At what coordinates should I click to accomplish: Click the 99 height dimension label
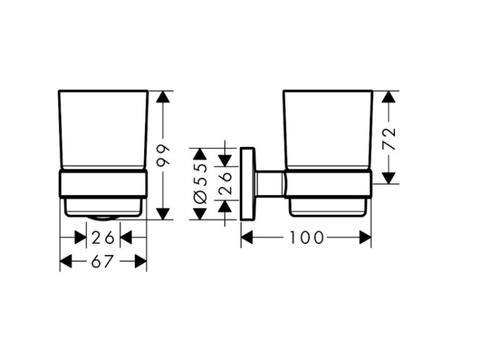click(163, 155)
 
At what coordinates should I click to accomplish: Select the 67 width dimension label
click(103, 262)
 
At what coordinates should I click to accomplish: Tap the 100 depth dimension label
click(307, 238)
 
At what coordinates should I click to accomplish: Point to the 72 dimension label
click(389, 139)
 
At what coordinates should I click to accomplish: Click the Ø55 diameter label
click(201, 184)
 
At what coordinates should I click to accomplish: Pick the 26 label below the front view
click(103, 238)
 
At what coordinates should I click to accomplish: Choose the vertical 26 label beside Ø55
click(226, 183)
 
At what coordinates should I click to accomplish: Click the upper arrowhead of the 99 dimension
click(163, 97)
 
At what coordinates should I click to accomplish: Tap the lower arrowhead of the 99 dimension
click(163, 214)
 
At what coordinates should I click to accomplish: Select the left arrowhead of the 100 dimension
click(247, 238)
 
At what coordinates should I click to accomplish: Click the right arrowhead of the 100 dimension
click(366, 238)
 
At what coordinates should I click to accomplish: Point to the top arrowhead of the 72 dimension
click(389, 97)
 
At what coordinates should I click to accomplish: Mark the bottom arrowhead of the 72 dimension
click(389, 178)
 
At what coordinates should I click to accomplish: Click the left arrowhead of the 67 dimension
click(66, 262)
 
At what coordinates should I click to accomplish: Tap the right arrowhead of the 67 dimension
click(141, 262)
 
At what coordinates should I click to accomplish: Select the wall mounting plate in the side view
click(248, 184)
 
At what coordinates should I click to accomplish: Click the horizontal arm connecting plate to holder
click(270, 184)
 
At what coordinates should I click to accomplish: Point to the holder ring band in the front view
click(103, 183)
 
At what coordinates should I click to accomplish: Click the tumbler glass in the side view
click(328, 130)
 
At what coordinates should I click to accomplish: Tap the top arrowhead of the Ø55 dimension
click(201, 154)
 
